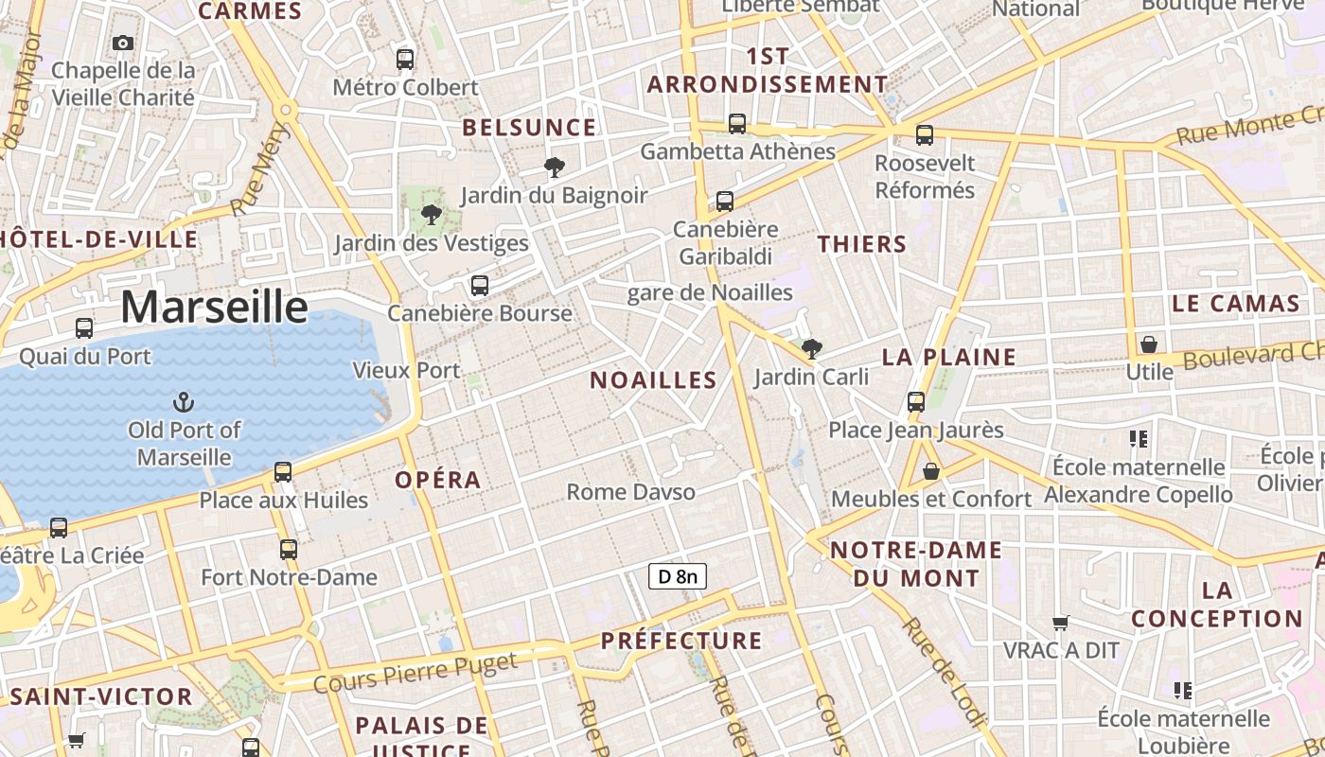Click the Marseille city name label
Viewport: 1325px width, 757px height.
(214, 307)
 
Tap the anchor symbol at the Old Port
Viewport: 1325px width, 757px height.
(184, 403)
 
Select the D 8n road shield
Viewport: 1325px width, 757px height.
(678, 575)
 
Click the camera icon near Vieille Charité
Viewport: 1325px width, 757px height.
(123, 43)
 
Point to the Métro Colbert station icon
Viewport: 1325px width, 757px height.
(405, 60)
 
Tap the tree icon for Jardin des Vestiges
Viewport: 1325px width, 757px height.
(432, 215)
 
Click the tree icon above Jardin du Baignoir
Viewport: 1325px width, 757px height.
(555, 168)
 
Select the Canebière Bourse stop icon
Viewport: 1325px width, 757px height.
(480, 286)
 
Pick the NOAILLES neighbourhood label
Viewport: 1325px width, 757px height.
(653, 380)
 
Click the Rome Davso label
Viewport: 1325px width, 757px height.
(630, 492)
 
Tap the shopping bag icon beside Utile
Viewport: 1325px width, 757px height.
(1149, 344)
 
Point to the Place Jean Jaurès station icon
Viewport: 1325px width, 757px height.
(916, 402)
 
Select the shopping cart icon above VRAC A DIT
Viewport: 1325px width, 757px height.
(1061, 623)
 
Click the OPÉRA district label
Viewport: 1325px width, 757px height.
(438, 480)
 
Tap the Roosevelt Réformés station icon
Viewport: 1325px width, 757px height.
(925, 135)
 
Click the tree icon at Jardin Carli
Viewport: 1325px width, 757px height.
(811, 349)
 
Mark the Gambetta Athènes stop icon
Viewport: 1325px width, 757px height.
(737, 124)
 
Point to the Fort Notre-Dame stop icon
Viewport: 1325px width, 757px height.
(289, 550)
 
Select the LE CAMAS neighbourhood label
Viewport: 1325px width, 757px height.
(1236, 304)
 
